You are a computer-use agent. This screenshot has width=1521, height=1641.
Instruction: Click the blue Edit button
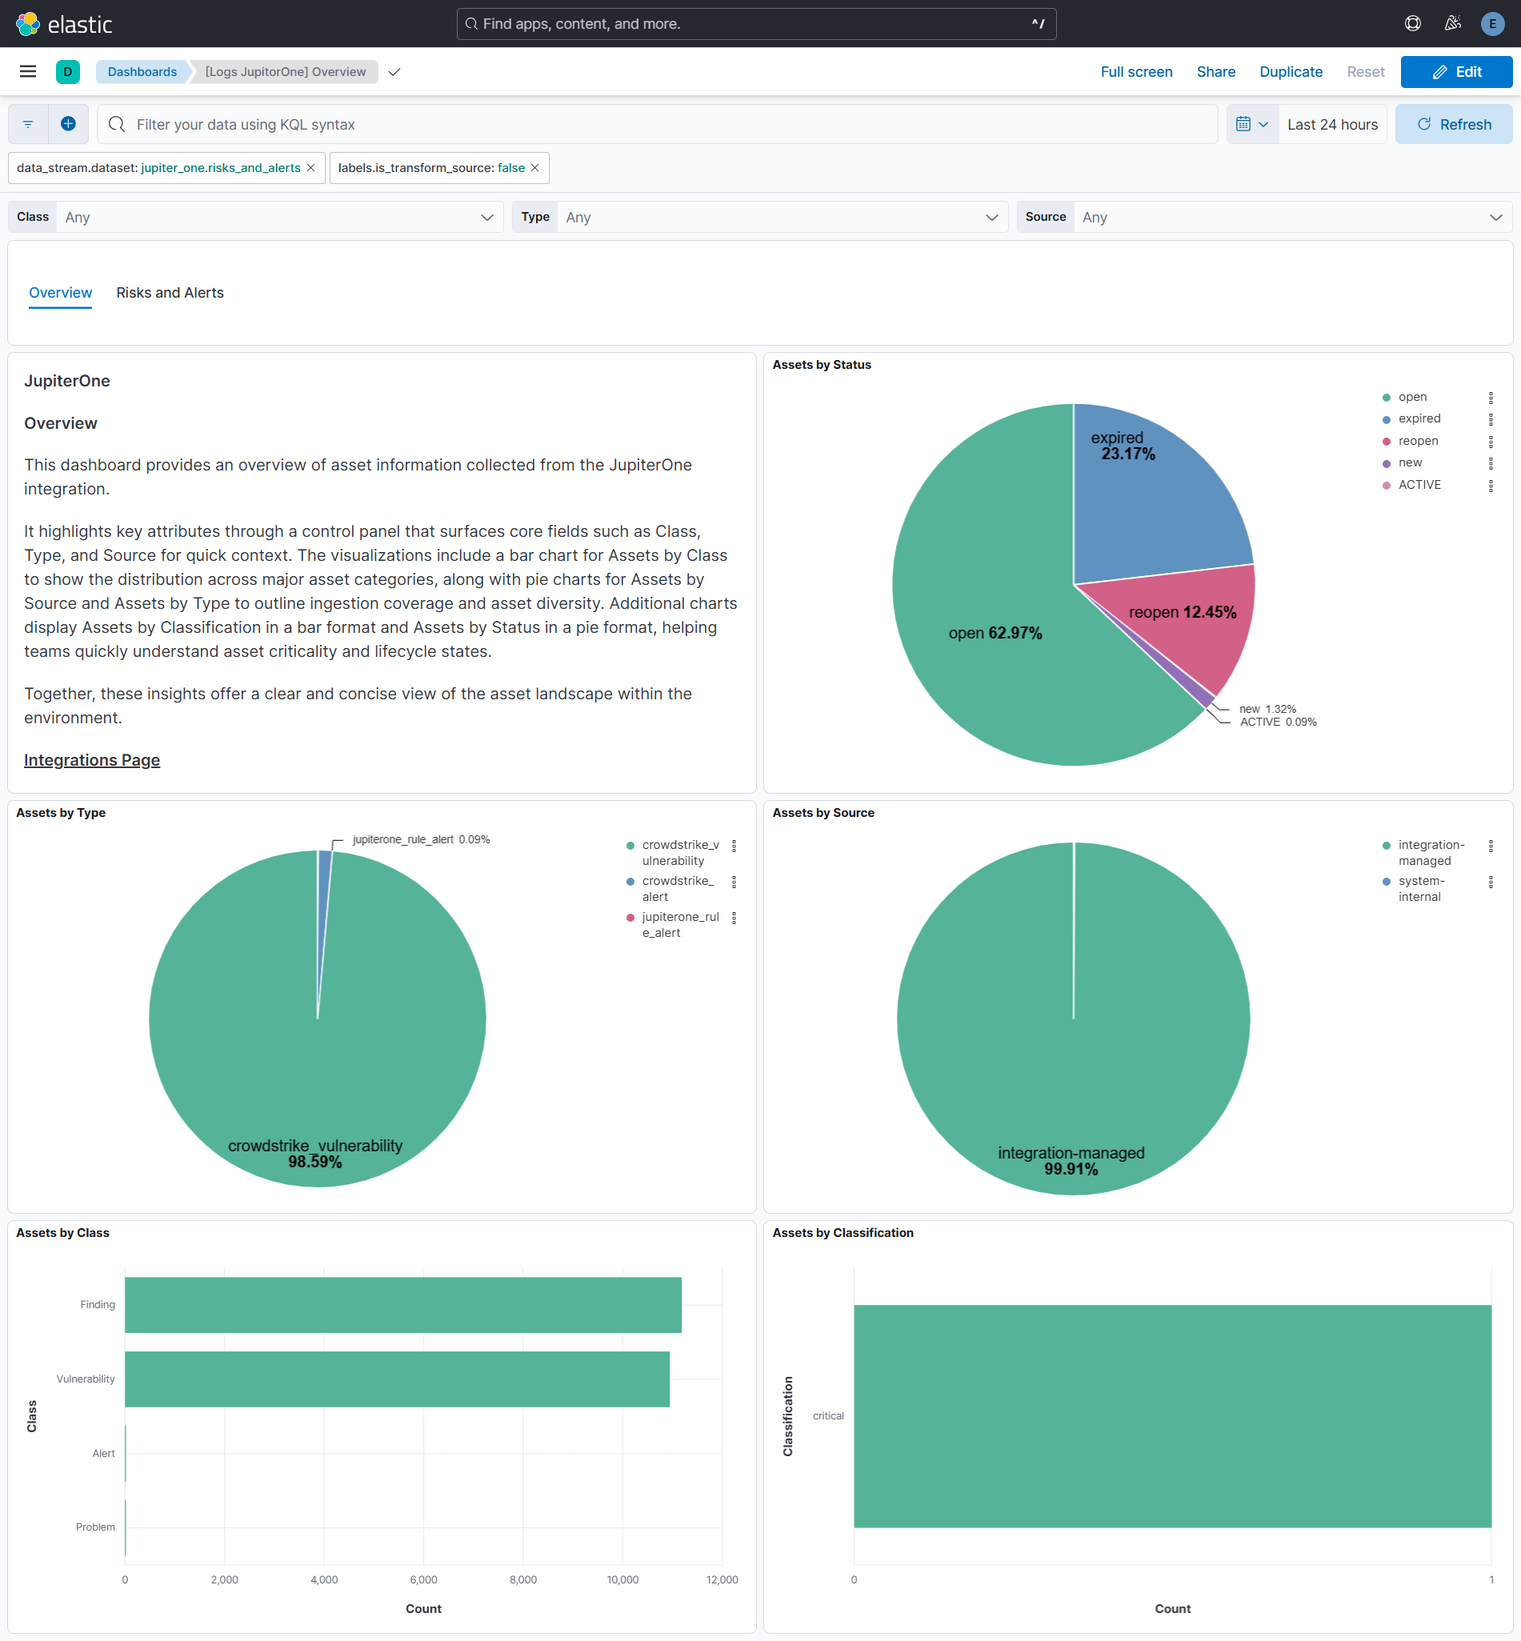pyautogui.click(x=1455, y=71)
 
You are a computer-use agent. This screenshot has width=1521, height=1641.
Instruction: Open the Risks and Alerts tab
pyautogui.click(x=170, y=293)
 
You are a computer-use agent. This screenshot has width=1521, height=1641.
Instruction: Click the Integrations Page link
pyautogui.click(x=91, y=759)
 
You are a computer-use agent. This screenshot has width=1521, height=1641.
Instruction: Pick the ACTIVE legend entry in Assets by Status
pyautogui.click(x=1419, y=485)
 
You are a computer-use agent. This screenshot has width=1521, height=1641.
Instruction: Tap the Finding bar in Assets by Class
pyautogui.click(x=402, y=1304)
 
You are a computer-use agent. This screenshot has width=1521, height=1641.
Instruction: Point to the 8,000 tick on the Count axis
pyautogui.click(x=522, y=1579)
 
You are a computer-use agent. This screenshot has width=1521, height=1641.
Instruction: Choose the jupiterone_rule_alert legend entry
pyautogui.click(x=680, y=924)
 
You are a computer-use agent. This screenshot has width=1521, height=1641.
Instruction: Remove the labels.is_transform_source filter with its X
pyautogui.click(x=535, y=168)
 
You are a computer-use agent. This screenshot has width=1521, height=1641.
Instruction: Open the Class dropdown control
pyautogui.click(x=280, y=218)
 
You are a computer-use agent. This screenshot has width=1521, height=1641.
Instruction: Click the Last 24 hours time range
pyautogui.click(x=1331, y=124)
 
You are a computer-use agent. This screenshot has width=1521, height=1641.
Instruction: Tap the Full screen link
pyautogui.click(x=1136, y=71)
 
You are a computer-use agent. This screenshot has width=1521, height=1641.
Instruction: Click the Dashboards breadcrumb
pyautogui.click(x=142, y=71)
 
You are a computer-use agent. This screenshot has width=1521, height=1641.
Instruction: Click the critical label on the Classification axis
pyautogui.click(x=828, y=1415)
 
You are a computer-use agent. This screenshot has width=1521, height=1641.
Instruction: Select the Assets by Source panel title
pyautogui.click(x=823, y=812)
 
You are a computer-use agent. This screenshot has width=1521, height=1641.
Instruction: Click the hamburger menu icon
pyautogui.click(x=28, y=71)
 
